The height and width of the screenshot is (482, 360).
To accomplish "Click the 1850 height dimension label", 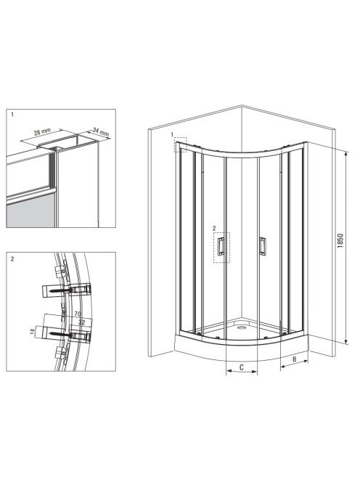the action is [340, 241].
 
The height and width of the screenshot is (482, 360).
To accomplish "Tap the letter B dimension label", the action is [294, 359].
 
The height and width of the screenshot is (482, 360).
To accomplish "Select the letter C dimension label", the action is [242, 367].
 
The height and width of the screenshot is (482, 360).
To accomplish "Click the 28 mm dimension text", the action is [42, 132].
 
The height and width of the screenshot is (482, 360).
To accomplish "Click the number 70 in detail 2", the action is [78, 314].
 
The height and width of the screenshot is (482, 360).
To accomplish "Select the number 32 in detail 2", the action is [81, 322].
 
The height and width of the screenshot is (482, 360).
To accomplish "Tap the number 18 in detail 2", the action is [32, 331].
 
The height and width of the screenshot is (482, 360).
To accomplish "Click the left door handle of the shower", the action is [221, 247].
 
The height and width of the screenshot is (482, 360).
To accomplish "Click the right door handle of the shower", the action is [262, 246].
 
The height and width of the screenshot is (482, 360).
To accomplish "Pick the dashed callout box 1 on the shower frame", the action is [181, 144].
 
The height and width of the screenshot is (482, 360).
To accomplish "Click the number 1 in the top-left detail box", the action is [12, 115].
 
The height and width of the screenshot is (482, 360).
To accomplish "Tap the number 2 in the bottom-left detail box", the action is [12, 259].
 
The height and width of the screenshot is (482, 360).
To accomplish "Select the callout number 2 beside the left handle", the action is [214, 229].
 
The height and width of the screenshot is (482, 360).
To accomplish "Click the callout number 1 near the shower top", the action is [173, 134].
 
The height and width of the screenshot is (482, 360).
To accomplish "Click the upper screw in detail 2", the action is [61, 290].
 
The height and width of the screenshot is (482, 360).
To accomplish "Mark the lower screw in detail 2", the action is [61, 333].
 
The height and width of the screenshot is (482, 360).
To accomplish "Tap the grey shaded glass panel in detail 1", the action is [30, 213].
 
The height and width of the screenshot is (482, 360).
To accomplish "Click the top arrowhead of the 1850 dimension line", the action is [346, 154].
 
